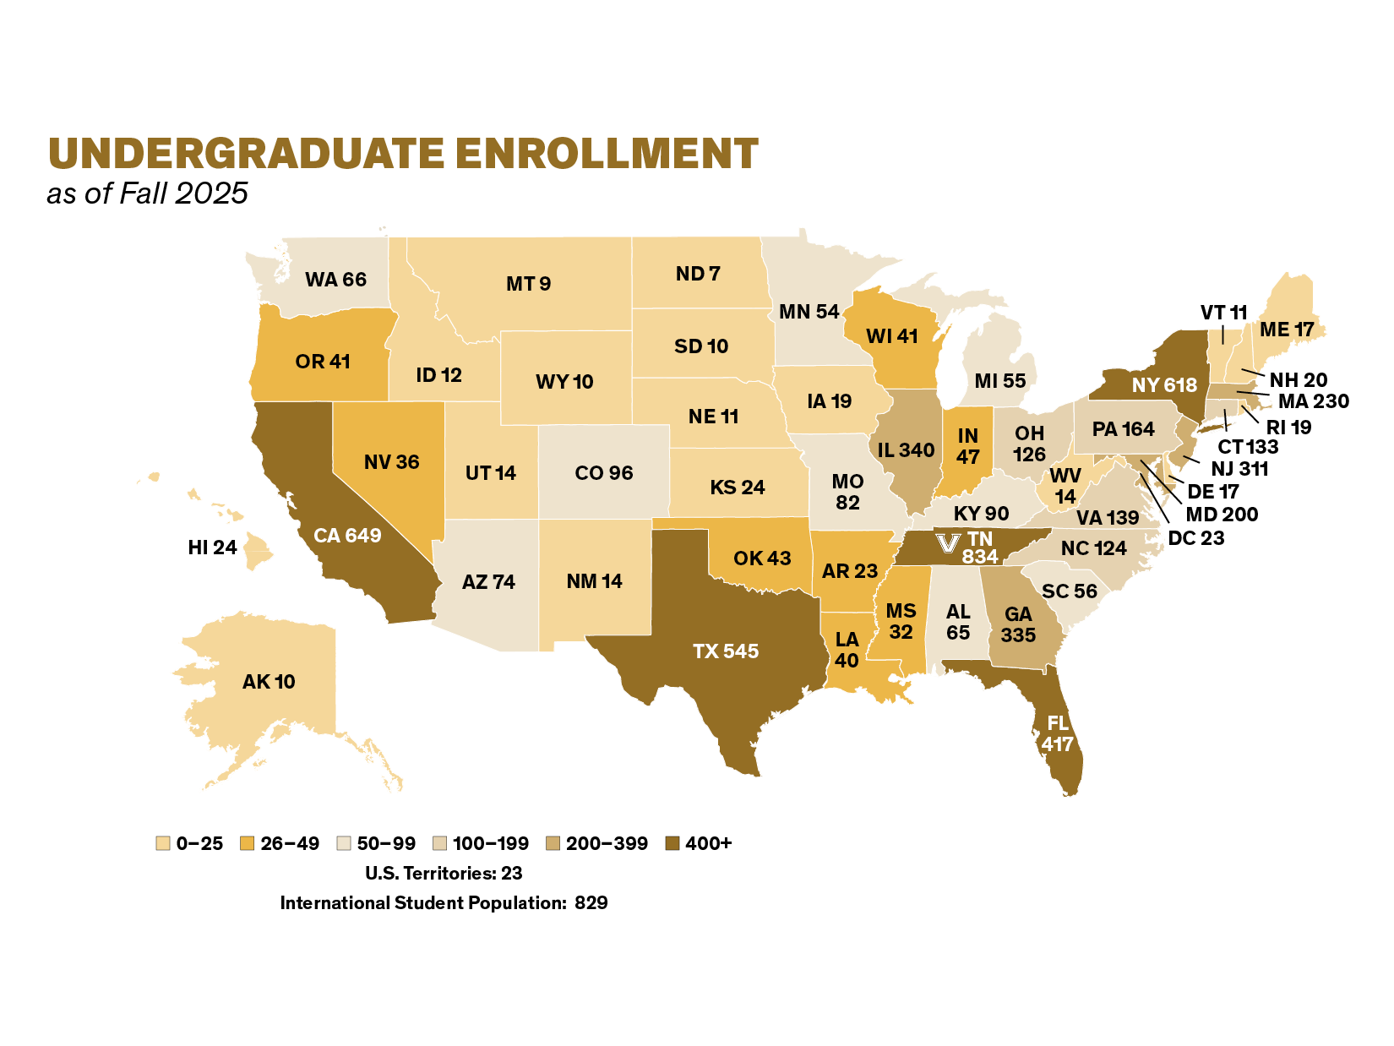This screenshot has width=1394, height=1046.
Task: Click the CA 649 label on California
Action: [347, 536]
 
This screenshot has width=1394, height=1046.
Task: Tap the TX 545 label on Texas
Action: [726, 651]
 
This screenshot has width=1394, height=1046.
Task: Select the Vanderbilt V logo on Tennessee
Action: [948, 542]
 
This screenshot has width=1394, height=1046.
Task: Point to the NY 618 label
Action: [1164, 385]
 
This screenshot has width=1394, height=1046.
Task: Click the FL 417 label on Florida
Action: [1057, 733]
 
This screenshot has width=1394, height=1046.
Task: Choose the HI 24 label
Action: [212, 548]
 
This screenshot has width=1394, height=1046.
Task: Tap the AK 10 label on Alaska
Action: [269, 682]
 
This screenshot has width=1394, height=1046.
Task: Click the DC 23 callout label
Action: [1195, 538]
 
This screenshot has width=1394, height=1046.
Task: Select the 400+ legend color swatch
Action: [672, 843]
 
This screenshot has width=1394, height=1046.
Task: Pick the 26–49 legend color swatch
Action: [248, 843]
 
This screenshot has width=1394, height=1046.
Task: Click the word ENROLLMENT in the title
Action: [607, 154]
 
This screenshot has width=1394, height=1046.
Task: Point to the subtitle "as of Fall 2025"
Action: [147, 193]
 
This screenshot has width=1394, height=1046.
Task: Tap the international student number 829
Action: [591, 903]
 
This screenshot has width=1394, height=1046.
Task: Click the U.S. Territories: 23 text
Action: [444, 873]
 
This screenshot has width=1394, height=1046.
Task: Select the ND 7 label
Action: [698, 274]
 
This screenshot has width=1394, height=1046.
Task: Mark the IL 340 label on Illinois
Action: [906, 450]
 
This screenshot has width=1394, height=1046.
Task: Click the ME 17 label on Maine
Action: [1287, 330]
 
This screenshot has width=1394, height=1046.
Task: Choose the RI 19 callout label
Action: [1288, 428]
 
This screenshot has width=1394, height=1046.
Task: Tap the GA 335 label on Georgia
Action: [1018, 624]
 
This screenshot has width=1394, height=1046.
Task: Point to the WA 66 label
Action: [335, 280]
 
